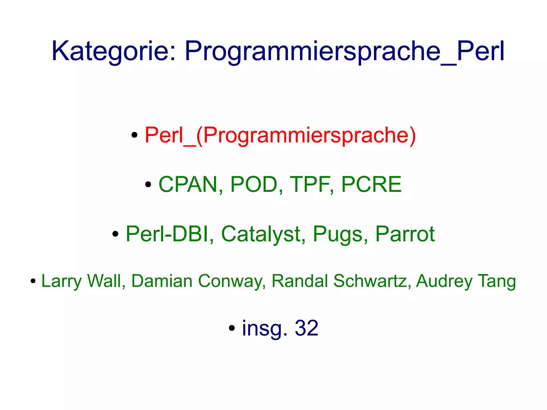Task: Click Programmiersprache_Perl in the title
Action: pyautogui.click(x=345, y=51)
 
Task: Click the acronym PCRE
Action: pyautogui.click(x=371, y=184)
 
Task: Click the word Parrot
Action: pyautogui.click(x=405, y=234)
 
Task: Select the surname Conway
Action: pyautogui.click(x=231, y=281)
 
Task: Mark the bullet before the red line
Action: pyautogui.click(x=134, y=135)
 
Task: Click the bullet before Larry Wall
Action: pyautogui.click(x=33, y=281)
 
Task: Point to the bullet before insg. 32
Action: pyautogui.click(x=232, y=328)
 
